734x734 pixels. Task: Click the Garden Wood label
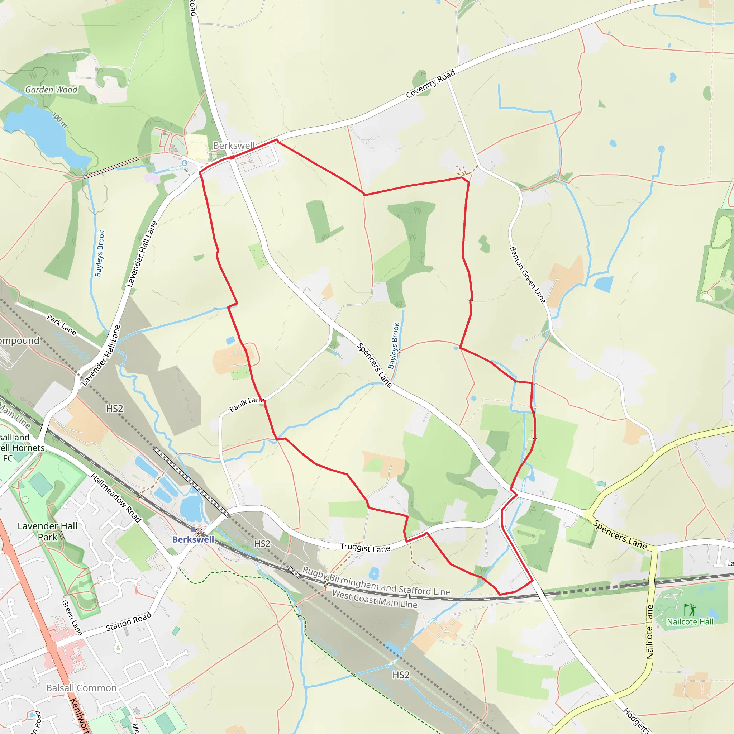click(51, 90)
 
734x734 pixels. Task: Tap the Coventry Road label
click(430, 84)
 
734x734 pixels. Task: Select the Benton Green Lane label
click(527, 275)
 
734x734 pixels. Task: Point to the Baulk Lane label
click(247, 404)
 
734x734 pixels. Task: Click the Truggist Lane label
click(365, 548)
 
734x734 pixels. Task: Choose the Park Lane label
click(62, 324)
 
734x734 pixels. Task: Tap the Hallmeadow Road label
click(116, 498)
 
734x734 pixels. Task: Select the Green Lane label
click(72, 618)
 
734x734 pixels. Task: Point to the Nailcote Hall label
click(690, 621)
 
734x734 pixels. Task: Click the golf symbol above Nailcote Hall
click(690, 609)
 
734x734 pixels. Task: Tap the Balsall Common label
click(81, 688)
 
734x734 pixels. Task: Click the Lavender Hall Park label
click(48, 532)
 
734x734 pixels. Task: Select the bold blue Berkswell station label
click(193, 539)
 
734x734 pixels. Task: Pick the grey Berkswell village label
click(234, 146)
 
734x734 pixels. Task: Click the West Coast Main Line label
click(375, 599)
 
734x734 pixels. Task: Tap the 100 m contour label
click(59, 120)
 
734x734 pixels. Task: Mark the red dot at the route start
click(232, 157)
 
